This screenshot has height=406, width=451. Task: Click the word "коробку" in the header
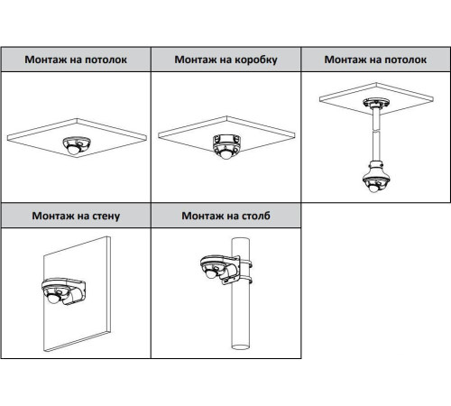[250, 60]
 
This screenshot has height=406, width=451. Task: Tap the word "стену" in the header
[101, 216]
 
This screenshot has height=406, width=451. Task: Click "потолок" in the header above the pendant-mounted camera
[400, 60]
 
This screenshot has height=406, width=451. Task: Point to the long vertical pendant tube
[373, 135]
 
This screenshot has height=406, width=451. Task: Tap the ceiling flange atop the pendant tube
[373, 101]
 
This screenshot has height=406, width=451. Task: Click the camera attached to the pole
[214, 269]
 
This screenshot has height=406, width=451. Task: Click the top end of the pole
[241, 241]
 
